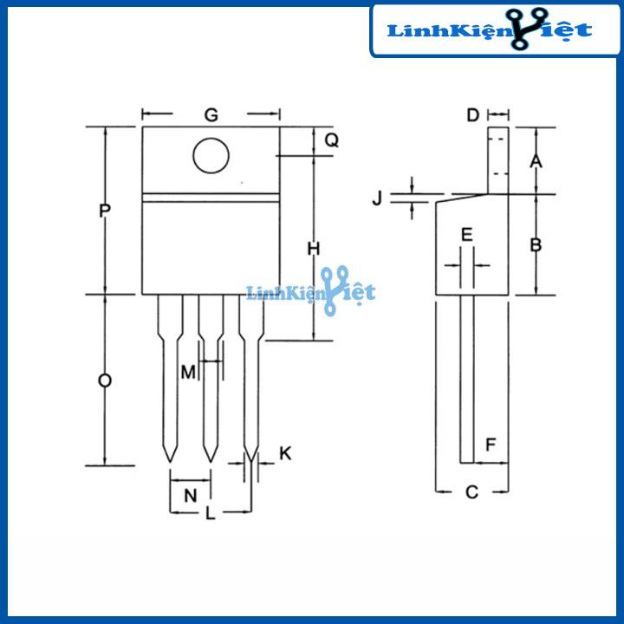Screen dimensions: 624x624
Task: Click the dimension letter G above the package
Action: [x=210, y=115]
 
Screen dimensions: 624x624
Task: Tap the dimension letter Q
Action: [x=331, y=140]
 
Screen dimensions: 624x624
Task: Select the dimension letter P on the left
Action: [x=105, y=211]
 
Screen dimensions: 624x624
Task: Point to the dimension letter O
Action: [x=105, y=381]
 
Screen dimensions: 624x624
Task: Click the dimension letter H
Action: [x=314, y=249]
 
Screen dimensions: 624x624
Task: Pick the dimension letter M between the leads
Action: [x=188, y=372]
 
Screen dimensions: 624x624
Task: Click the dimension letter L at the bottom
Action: [x=210, y=513]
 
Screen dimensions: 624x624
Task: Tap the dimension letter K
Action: [x=286, y=453]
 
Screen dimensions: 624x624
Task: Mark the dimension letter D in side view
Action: [x=472, y=115]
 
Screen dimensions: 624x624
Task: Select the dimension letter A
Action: [x=536, y=162]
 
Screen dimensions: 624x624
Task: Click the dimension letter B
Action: [x=536, y=245]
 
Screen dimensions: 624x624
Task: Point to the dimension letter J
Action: [x=377, y=198]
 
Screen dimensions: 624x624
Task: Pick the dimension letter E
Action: [x=466, y=235]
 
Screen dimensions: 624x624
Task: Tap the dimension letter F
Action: [x=491, y=445]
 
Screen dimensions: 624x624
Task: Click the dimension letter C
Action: [x=471, y=492]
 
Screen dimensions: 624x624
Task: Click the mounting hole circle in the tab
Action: [x=211, y=156]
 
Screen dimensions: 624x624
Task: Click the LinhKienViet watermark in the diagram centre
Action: [x=310, y=292]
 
